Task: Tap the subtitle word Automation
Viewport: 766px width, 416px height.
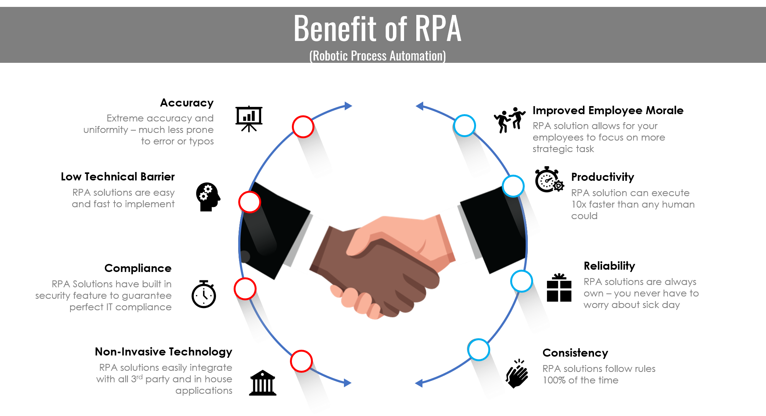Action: [417, 56]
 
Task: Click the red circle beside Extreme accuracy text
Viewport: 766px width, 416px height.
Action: [303, 127]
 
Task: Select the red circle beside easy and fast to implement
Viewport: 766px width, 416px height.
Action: [249, 202]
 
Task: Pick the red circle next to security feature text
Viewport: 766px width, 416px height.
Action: [245, 289]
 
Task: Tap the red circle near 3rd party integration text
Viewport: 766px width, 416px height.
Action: [301, 361]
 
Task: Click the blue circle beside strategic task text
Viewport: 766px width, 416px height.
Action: [465, 125]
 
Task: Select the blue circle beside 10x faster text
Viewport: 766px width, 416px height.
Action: [513, 186]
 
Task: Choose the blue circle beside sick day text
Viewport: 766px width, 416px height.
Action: [521, 281]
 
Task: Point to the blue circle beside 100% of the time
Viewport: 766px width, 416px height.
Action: [479, 349]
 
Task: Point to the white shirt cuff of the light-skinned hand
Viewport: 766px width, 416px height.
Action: [460, 234]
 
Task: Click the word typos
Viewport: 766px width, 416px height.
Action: [201, 141]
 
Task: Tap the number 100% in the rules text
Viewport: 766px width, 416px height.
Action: [554, 380]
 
